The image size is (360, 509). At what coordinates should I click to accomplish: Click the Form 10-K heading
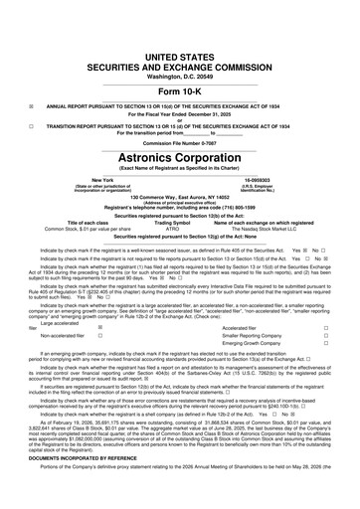click(179, 63)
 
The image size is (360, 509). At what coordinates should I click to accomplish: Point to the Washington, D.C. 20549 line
click(179, 47)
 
